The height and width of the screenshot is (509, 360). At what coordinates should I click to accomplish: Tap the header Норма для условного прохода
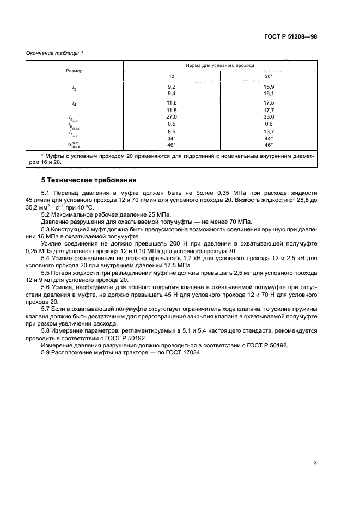tap(220, 65)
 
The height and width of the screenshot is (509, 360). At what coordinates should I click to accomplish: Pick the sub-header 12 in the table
tap(171, 77)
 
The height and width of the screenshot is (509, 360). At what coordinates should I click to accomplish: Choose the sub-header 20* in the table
tap(269, 77)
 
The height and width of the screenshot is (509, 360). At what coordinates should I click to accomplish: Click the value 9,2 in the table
tap(171, 87)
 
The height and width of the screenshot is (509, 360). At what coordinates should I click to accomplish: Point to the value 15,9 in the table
tap(269, 87)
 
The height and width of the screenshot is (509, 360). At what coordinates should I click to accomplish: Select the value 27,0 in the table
tap(171, 116)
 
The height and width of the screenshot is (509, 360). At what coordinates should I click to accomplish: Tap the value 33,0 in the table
tap(269, 116)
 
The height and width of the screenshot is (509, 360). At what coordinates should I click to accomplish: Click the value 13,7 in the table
tap(269, 131)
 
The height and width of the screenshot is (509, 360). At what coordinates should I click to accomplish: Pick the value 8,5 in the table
tap(171, 131)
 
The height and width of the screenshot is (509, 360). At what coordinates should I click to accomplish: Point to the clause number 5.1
tap(46, 193)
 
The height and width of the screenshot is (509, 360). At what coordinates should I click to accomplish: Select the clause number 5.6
tap(46, 287)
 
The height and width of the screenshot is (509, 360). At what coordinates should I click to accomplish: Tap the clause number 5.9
tap(46, 352)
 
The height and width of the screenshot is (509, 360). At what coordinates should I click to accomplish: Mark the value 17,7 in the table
tap(269, 109)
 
